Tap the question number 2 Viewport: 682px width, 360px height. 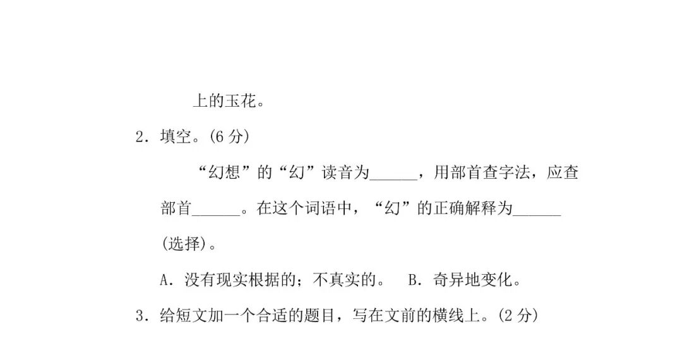point(140,136)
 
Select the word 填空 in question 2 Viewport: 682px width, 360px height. point(175,136)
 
